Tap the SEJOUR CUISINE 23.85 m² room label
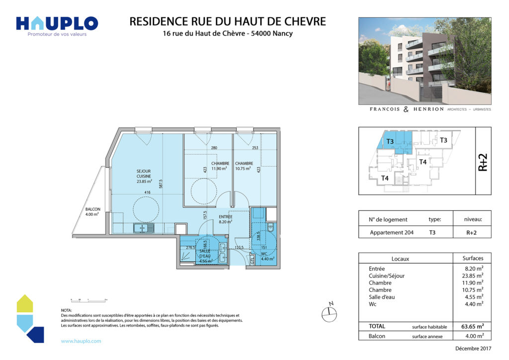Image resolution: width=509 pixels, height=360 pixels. (144, 176)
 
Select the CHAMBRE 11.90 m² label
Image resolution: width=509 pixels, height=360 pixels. (219, 166)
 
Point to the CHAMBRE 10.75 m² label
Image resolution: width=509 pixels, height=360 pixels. (245, 166)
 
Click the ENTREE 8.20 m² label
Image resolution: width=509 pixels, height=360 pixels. (226, 220)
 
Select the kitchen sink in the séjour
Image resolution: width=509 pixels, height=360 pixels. (144, 228)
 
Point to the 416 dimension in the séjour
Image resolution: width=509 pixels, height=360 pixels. (148, 192)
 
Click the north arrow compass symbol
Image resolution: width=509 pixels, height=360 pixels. (329, 312)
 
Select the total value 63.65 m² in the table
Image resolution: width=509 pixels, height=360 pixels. (472, 327)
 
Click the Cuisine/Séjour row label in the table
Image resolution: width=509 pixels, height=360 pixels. (386, 276)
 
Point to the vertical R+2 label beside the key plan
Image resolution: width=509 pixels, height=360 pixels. (483, 162)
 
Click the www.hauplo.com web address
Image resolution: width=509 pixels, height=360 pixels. (81, 341)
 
